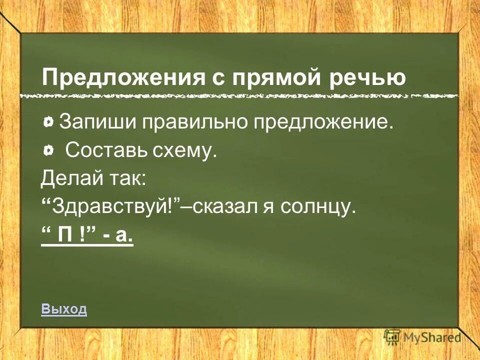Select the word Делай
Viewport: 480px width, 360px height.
[x=68, y=177]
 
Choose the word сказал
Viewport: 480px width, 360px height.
[x=223, y=205]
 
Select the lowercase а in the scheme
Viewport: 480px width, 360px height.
[x=123, y=233]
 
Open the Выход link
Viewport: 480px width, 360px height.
[x=64, y=309]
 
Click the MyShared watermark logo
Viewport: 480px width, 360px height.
[x=422, y=337]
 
